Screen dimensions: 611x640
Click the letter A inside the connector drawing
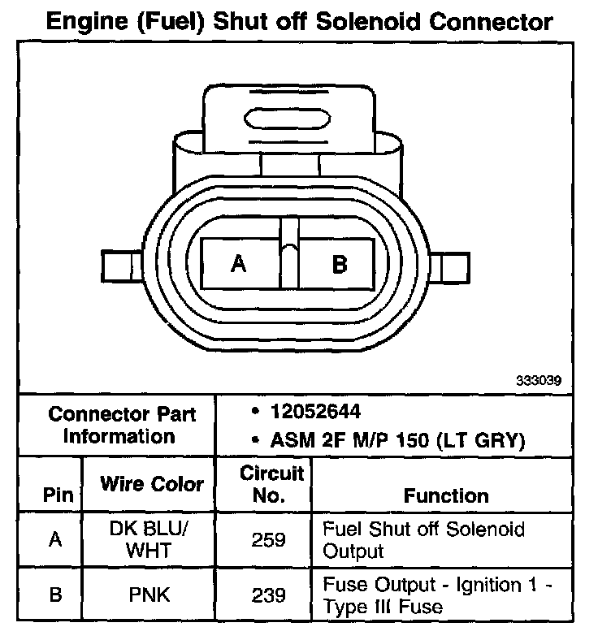[x=238, y=263]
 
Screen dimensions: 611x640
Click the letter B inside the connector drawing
[x=340, y=263]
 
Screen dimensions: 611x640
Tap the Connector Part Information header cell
[x=122, y=425]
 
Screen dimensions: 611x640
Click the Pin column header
[x=56, y=495]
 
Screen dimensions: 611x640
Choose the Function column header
[x=446, y=495]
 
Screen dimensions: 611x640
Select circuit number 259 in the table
[x=269, y=539]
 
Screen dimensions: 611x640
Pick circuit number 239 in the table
[x=269, y=595]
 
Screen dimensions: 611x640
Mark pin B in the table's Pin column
[x=55, y=595]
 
